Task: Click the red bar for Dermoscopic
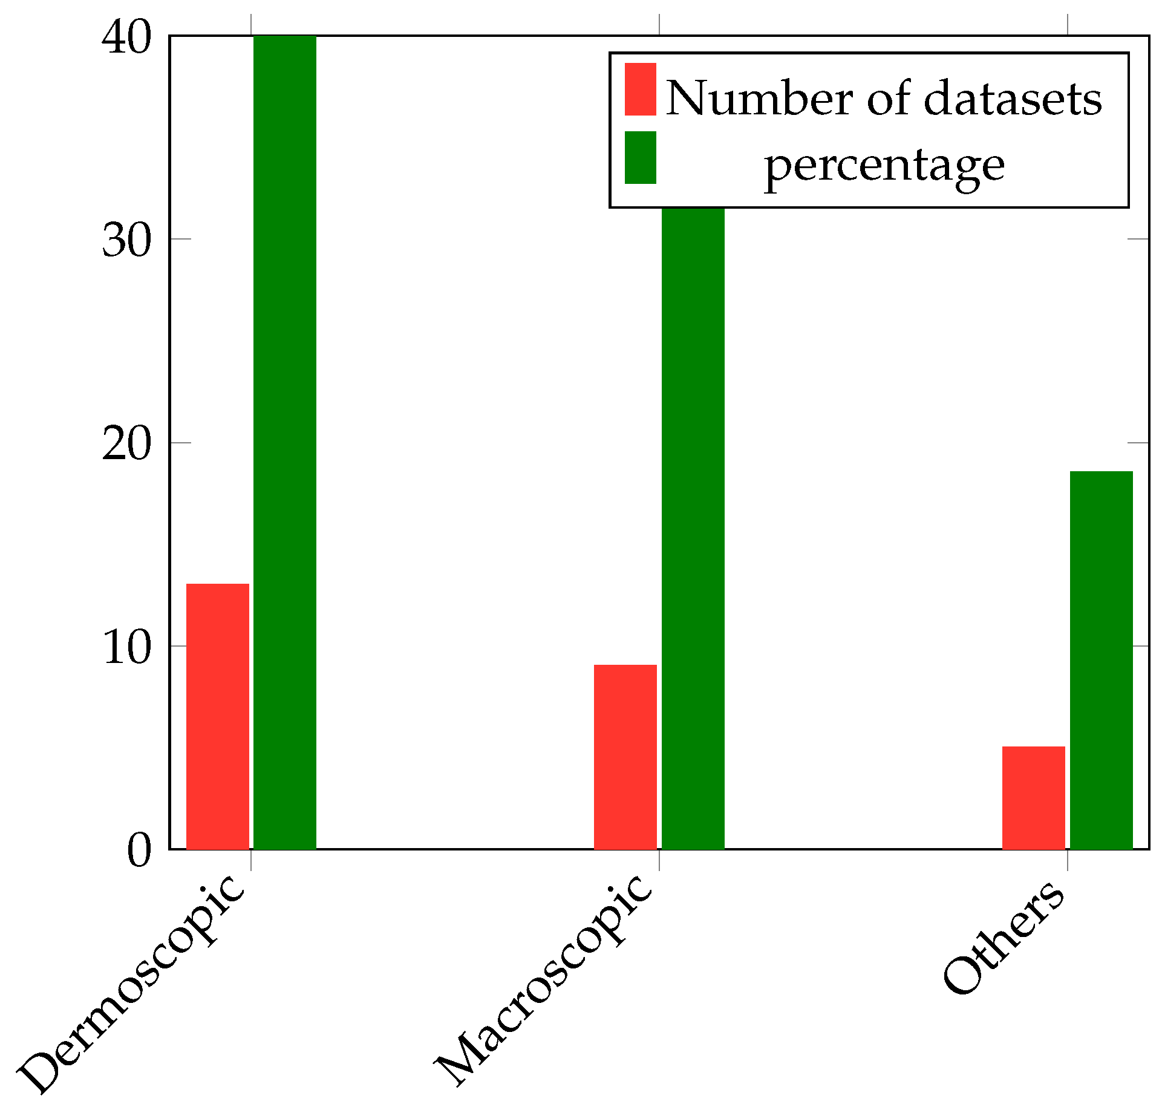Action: coord(217,716)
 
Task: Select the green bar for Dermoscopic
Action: coord(285,442)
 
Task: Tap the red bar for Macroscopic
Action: coord(625,757)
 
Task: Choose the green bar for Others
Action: coord(1102,660)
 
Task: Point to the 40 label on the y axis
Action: coord(125,38)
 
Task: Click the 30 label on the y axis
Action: coord(125,240)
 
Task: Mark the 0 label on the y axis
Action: coord(139,850)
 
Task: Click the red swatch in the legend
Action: coord(641,89)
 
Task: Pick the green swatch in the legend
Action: coord(641,157)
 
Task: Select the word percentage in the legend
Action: coord(884,166)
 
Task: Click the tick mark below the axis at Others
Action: coord(1068,860)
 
